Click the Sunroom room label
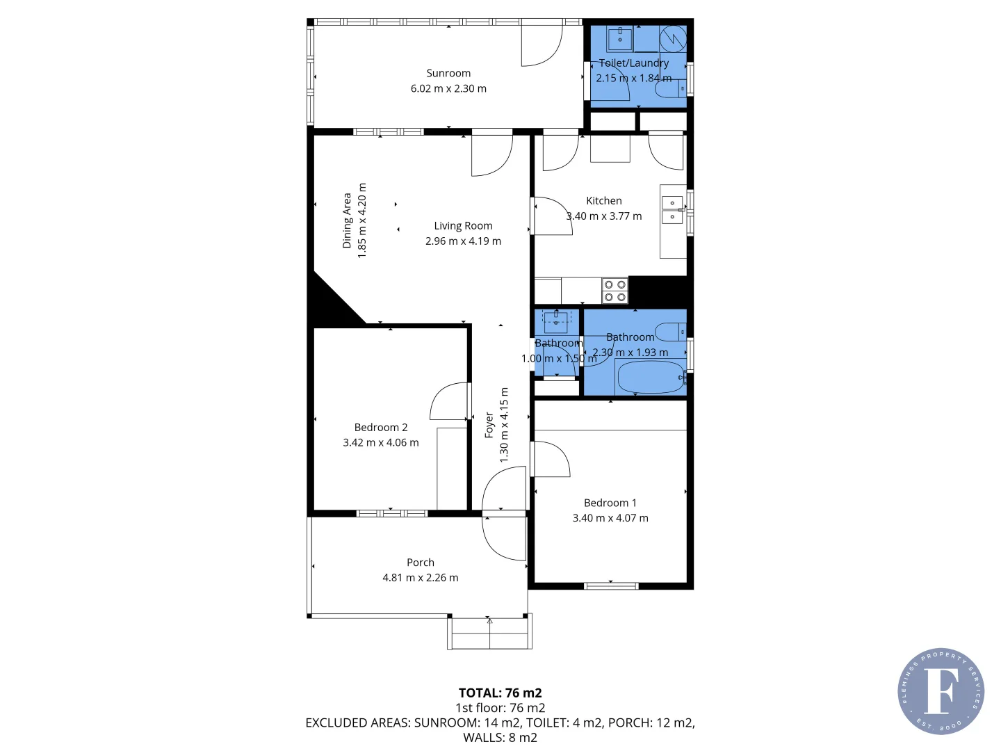click(448, 73)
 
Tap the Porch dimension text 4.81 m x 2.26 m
click(421, 577)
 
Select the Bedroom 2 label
click(381, 427)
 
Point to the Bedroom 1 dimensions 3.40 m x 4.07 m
click(610, 517)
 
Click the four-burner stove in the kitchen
click(615, 291)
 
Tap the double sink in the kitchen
click(672, 210)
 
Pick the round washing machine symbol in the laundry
click(672, 38)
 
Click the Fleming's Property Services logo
click(941, 691)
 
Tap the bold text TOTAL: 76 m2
click(500, 693)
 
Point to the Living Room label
click(463, 225)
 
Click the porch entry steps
click(490, 633)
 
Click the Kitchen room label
click(603, 200)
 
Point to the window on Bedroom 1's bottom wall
click(611, 586)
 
